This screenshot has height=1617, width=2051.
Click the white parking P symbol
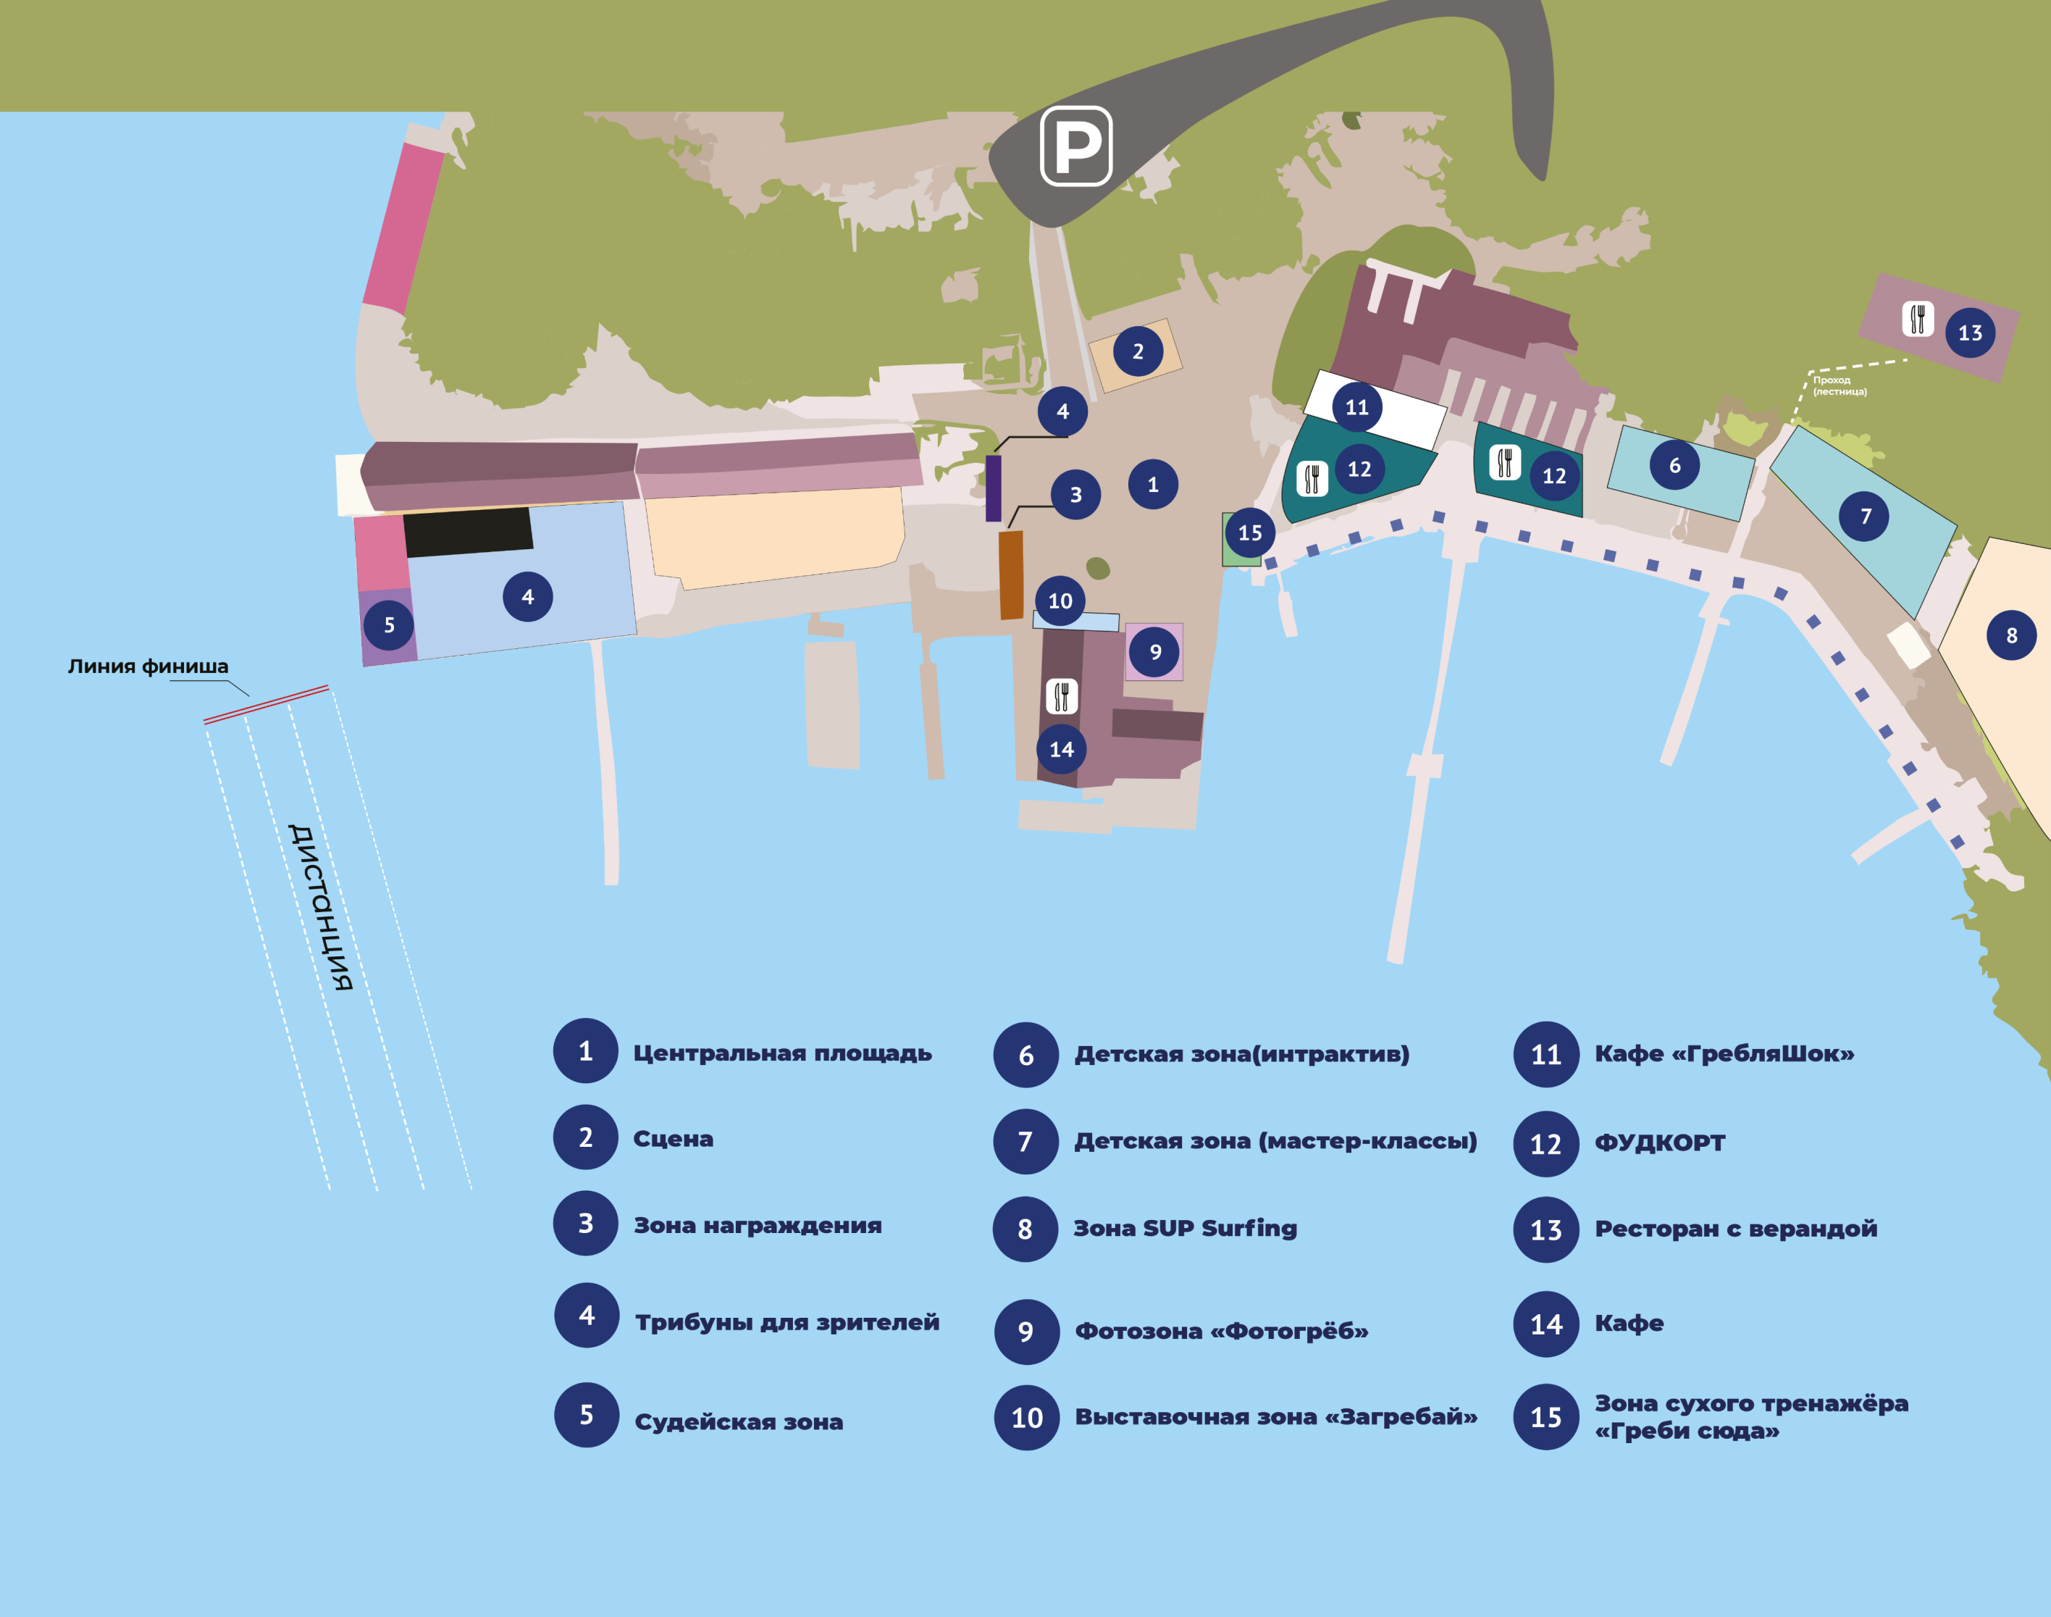[x=1076, y=147]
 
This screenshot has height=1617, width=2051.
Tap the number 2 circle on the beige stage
[x=1138, y=351]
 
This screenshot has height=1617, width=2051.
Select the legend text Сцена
[x=673, y=1139]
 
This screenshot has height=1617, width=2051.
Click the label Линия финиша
[x=148, y=667]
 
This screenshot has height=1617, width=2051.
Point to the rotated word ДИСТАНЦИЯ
[x=321, y=907]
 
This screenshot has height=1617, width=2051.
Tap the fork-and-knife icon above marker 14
[x=1061, y=695]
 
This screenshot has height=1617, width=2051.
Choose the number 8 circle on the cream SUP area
[x=2011, y=635]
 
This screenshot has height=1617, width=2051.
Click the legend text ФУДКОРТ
[x=1660, y=1142]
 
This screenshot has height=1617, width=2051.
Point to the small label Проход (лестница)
[x=1840, y=385]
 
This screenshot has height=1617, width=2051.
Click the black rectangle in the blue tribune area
[x=469, y=532]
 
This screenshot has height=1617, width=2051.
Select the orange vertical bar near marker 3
[x=1012, y=574]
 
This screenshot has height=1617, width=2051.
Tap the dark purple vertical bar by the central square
[x=994, y=488]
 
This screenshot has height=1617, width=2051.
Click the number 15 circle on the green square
[x=1249, y=533]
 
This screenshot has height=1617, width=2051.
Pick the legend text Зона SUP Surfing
[x=1185, y=1229]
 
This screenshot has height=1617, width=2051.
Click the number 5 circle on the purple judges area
[x=389, y=624]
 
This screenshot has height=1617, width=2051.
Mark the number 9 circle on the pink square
[x=1154, y=651]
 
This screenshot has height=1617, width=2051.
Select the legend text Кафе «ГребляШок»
[x=1724, y=1053]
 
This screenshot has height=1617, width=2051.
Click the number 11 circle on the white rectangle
[x=1357, y=407]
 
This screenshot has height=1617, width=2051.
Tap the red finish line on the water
[x=266, y=704]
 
